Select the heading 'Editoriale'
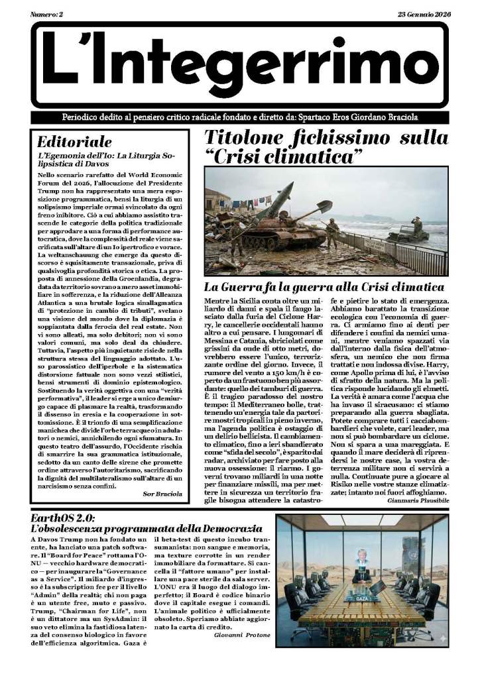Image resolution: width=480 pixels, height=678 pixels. [x=74, y=141]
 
